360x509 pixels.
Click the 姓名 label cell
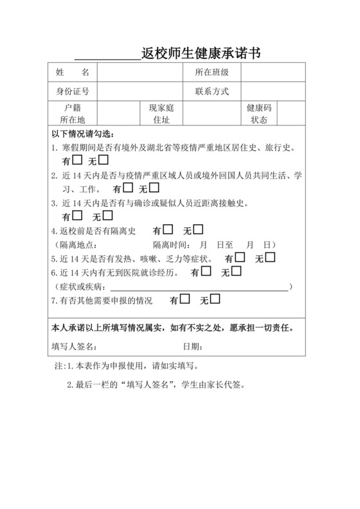pyautogui.click(x=72, y=73)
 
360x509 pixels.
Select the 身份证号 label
pyautogui.click(x=72, y=92)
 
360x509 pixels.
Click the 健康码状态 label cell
pyautogui.click(x=258, y=114)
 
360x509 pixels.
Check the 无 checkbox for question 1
pyautogui.click(x=104, y=160)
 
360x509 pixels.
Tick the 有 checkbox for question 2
pyautogui.click(x=128, y=188)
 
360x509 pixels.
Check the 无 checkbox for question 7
pyautogui.click(x=215, y=299)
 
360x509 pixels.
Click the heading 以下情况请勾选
pyautogui.click(x=84, y=134)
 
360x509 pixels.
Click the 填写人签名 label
pyautogui.click(x=74, y=346)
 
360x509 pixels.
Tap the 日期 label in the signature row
pyautogui.click(x=194, y=346)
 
